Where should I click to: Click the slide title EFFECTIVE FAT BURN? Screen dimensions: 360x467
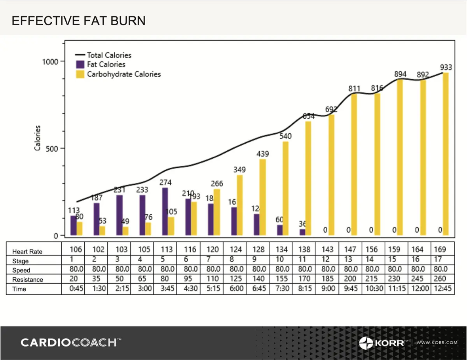[78, 21]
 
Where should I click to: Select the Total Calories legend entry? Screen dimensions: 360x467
[109, 55]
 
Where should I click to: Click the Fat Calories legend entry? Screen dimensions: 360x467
[106, 64]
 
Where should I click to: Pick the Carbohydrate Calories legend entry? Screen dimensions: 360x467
[123, 74]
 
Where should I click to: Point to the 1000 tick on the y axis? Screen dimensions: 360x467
[50, 61]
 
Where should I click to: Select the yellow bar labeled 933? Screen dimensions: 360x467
[446, 154]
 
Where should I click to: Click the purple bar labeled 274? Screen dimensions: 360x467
[165, 212]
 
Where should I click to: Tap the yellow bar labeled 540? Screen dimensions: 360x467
[285, 188]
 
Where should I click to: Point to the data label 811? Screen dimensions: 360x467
[354, 89]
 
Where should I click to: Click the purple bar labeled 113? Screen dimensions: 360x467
[73, 225]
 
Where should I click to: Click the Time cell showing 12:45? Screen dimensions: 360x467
[443, 289]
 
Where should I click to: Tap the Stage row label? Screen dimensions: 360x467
[20, 261]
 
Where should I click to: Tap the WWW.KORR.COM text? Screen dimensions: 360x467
[437, 343]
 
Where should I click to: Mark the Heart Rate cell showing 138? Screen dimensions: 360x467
[304, 250]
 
